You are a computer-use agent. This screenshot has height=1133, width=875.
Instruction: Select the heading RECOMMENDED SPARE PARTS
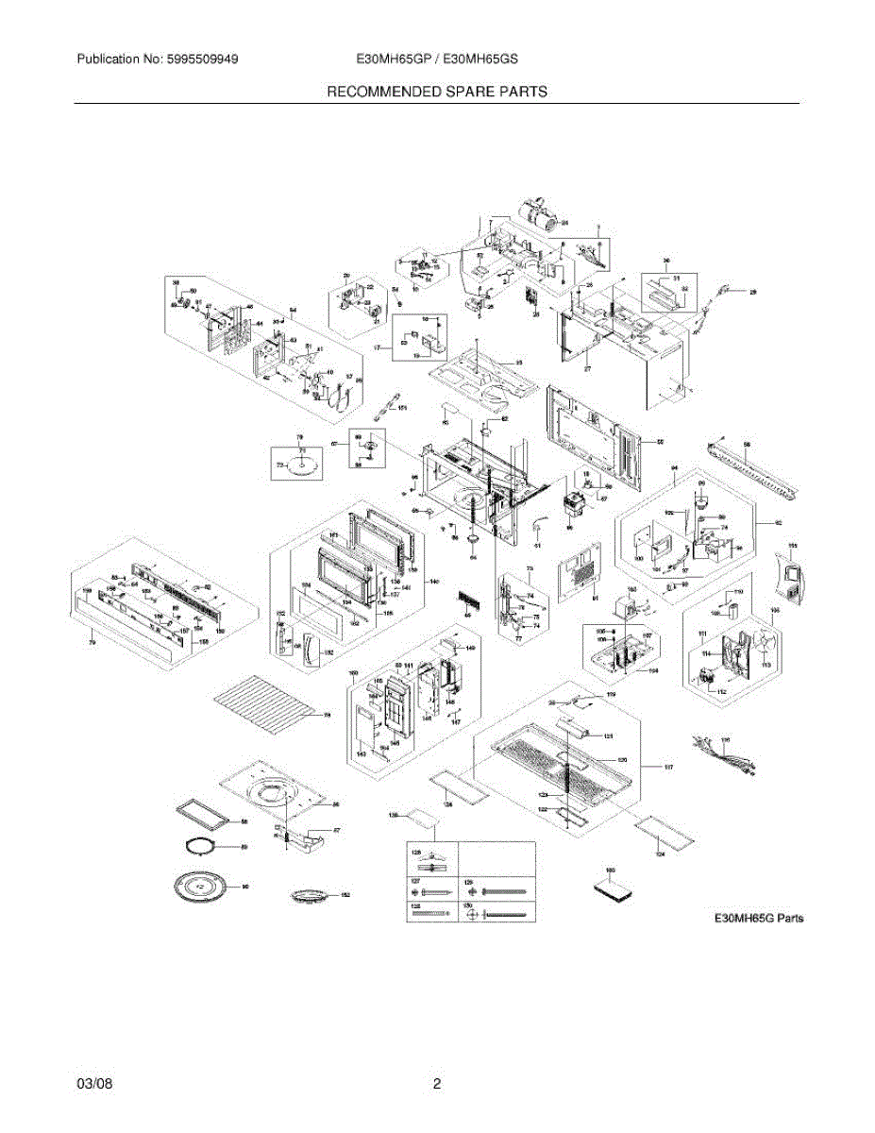[x=437, y=92]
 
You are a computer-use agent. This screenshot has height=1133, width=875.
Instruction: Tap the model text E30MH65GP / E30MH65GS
[x=437, y=59]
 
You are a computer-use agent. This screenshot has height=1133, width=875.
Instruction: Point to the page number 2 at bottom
[x=437, y=1084]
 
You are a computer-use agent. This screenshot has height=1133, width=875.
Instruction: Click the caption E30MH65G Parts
[x=758, y=918]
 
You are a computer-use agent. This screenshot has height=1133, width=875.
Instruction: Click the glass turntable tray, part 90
[x=203, y=888]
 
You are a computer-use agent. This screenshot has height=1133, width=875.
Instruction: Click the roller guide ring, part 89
[x=205, y=847]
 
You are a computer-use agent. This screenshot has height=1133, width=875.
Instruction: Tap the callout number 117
[x=668, y=768]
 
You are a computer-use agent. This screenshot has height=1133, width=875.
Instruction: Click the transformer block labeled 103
[x=622, y=604]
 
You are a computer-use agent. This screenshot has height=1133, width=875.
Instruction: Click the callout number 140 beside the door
[x=433, y=582]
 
